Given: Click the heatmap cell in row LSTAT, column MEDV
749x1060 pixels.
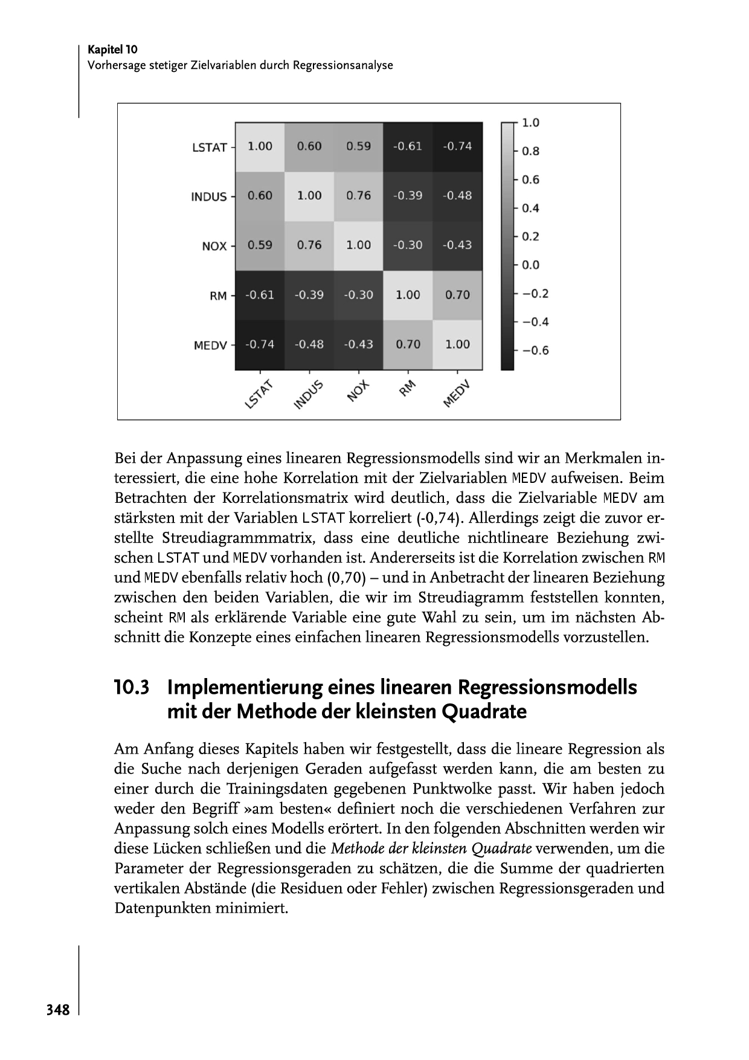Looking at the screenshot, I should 457,146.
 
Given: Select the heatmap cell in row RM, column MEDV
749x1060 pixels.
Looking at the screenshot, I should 457,295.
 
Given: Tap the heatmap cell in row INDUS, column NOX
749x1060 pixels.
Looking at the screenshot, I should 358,196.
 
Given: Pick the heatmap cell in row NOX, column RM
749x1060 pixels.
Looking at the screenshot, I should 408,245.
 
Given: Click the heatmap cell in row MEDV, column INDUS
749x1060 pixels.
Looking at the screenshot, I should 309,344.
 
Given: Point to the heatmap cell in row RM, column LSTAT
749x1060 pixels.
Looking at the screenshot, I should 260,295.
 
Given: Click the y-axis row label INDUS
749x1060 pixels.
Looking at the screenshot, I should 209,197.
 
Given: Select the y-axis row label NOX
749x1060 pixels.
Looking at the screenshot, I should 214,247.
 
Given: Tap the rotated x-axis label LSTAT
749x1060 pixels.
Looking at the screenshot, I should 259,395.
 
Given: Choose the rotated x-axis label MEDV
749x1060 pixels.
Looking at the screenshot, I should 456,395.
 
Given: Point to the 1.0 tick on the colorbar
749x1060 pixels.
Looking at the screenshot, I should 530,123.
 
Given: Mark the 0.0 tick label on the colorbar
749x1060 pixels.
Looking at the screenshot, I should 530,265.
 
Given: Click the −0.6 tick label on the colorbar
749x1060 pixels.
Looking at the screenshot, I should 535,351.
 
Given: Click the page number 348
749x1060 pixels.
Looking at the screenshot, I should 58,1010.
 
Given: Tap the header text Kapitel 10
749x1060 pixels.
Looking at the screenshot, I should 112,50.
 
